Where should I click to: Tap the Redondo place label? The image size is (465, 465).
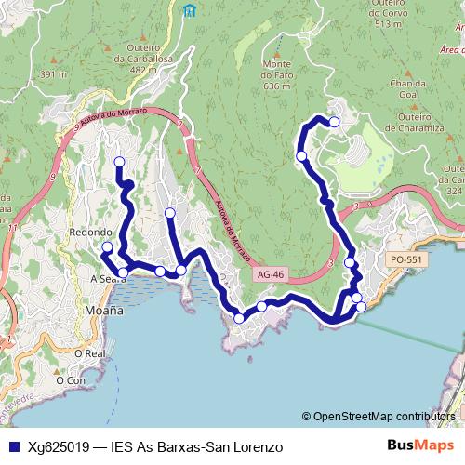tap(90, 232)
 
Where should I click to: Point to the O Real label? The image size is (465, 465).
tap(95, 353)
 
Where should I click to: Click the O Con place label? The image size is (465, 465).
tap(71, 379)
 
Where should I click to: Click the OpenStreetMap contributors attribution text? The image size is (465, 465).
tap(383, 417)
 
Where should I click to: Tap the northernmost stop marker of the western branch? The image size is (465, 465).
tap(119, 163)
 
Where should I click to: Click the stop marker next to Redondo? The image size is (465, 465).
tap(107, 247)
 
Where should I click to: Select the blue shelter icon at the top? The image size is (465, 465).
tap(191, 11)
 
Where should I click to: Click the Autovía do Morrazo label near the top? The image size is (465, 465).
tap(106, 113)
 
